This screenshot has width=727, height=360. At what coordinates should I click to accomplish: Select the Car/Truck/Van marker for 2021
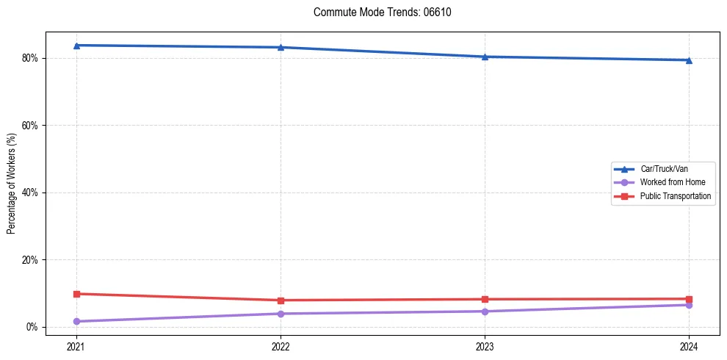[76, 46]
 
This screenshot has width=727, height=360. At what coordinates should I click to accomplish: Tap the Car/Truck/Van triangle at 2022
[281, 48]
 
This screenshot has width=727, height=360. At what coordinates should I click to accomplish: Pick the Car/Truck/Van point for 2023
[485, 57]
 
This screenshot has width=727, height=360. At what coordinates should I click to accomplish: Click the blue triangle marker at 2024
[689, 60]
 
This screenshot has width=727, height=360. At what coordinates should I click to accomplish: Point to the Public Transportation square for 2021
[76, 294]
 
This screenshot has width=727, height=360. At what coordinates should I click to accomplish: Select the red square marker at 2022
[281, 300]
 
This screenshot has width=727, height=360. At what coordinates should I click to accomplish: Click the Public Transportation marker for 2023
[485, 299]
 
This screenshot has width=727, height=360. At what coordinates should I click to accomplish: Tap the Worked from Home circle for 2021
[76, 321]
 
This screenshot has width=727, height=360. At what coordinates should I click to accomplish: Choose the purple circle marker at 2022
[281, 314]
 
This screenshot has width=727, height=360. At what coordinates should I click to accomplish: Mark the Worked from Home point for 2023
[485, 312]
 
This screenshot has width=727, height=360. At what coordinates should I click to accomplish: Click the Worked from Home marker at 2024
[689, 305]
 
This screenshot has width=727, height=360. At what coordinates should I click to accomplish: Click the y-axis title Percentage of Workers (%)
[12, 184]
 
